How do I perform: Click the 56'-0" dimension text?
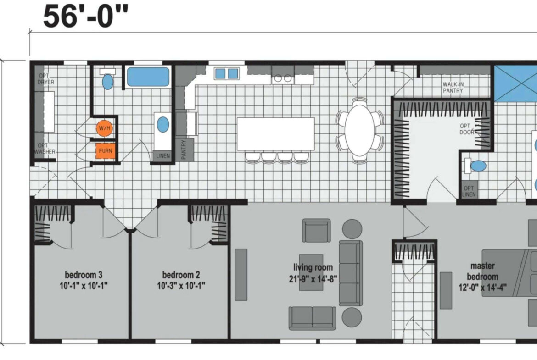coord(86,16)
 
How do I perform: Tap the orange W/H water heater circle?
coord(105,128)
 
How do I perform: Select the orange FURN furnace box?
coord(106,151)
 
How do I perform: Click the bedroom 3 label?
coord(84,280)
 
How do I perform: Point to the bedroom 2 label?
coord(181,280)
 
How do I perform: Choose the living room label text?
coord(313,273)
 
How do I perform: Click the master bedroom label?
coord(482,277)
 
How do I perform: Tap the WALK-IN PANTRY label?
coord(453,87)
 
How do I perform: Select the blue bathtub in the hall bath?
coord(148,77)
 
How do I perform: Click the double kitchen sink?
coord(226,73)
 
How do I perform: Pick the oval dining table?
coord(359,130)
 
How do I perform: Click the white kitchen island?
coord(276,134)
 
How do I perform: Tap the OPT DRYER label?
coord(46,79)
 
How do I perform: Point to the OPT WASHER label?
coord(45,149)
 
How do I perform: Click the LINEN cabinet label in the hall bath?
coord(162,156)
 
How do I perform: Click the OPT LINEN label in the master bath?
coord(469,191)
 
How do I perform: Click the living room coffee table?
coord(311,272)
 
